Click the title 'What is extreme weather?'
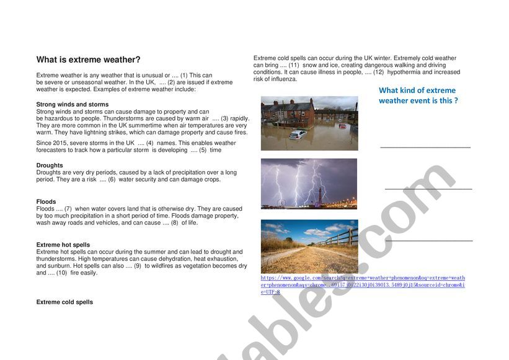pos(89,59)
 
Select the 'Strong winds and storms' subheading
pos(73,104)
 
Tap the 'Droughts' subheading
pos(50,165)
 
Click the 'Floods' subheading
pos(46,201)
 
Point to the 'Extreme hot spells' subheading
pos(63,245)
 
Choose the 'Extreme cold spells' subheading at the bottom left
pos(64,302)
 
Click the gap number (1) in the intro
pos(184,75)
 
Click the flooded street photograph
pos(309,123)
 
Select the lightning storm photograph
pos(309,183)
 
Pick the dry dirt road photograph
pos(309,247)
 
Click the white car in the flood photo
pos(298,134)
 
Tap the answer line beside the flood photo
pos(425,147)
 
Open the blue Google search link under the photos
pos(363,285)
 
